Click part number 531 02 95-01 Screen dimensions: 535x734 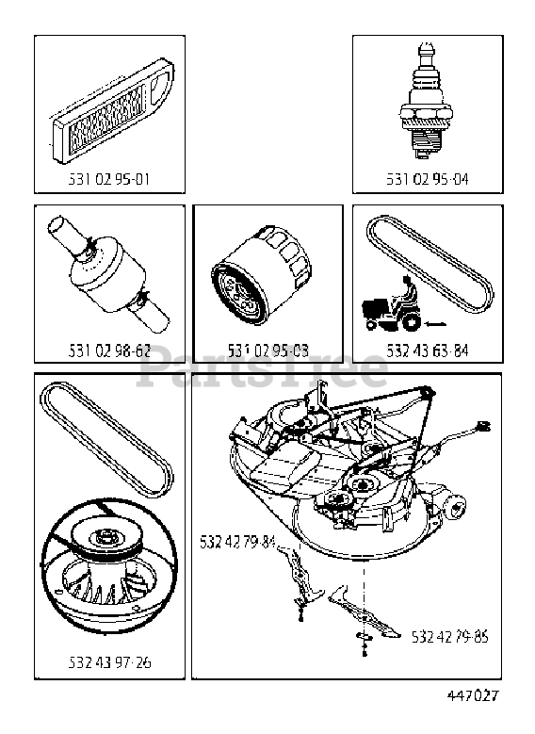pyautogui.click(x=109, y=179)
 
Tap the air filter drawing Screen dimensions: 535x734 pyautogui.click(x=113, y=110)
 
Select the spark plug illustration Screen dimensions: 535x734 pyautogui.click(x=427, y=103)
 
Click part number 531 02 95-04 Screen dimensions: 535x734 pyautogui.click(x=427, y=179)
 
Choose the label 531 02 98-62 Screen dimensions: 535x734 pyautogui.click(x=109, y=351)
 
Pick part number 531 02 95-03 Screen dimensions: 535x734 pyautogui.click(x=267, y=351)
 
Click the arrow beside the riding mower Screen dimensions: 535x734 pyautogui.click(x=435, y=323)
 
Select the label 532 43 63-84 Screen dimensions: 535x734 pyautogui.click(x=427, y=351)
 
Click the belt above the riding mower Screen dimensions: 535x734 pyautogui.click(x=430, y=264)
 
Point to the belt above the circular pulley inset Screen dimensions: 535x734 pyautogui.click(x=106, y=439)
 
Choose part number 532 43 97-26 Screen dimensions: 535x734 pyautogui.click(x=109, y=662)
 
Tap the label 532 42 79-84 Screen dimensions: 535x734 pyautogui.click(x=237, y=542)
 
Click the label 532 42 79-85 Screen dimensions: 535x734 pyautogui.click(x=450, y=637)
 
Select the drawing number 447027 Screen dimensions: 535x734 pyautogui.click(x=473, y=695)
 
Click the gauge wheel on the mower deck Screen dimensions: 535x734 pyautogui.click(x=455, y=507)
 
